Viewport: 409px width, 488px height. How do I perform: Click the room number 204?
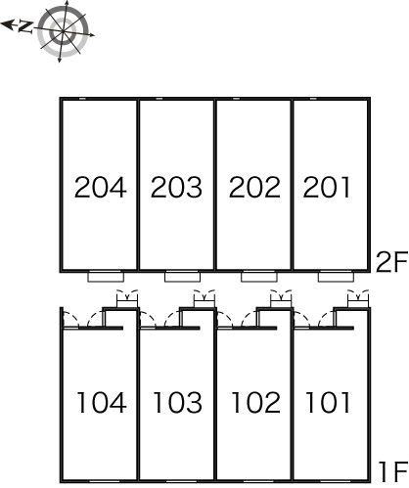coord(101,187)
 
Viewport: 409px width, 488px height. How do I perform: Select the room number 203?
coord(176,187)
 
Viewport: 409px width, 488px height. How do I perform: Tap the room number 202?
coord(254,187)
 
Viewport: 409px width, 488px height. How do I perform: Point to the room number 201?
coord(327,187)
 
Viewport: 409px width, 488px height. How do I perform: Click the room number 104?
coord(102,403)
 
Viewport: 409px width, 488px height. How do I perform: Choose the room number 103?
coord(178,403)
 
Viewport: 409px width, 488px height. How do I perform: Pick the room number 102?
coord(256,403)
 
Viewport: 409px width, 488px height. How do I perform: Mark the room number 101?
coord(328,403)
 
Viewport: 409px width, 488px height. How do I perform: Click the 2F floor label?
coord(391,262)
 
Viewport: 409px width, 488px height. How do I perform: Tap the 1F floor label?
coord(393,471)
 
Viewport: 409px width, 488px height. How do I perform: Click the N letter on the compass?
coord(25,26)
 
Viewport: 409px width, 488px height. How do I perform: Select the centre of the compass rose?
coord(63,31)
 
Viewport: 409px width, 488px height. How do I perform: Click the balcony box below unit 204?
coord(106,277)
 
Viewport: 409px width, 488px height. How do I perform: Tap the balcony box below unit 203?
coord(183,277)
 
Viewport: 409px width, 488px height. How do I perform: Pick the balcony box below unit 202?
coord(259,277)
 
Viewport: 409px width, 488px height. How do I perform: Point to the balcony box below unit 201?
coord(336,277)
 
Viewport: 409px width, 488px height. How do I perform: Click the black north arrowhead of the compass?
coord(8,24)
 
